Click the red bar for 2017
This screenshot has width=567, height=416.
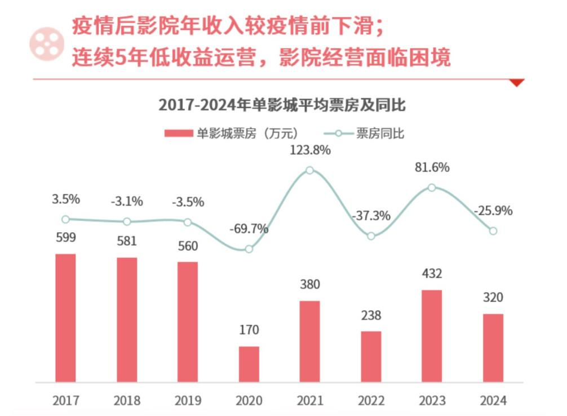point(65,318)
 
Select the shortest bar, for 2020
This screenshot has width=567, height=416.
point(249,364)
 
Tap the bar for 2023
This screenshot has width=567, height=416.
point(432,336)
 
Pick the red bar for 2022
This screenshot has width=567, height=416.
point(371,356)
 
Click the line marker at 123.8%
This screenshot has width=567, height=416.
point(309,170)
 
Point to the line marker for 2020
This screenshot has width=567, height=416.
point(249,249)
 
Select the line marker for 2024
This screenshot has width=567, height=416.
point(493,231)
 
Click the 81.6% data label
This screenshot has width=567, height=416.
point(432,167)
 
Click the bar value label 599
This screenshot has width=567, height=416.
point(65,237)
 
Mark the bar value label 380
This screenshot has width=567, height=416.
point(309,285)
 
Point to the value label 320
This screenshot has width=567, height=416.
point(493,297)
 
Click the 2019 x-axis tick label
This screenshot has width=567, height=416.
point(188,401)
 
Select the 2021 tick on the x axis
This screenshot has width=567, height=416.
point(309,401)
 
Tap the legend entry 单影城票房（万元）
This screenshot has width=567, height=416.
point(231,134)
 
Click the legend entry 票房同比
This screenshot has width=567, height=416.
point(365,134)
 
